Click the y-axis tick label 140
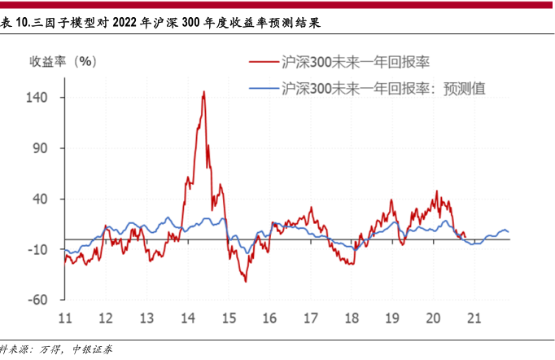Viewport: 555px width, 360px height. pyautogui.click(x=40, y=97)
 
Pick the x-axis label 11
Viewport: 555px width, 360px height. pyautogui.click(x=64, y=318)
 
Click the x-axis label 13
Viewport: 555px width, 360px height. pyautogui.click(x=146, y=318)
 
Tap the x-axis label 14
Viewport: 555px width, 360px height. pyautogui.click(x=187, y=318)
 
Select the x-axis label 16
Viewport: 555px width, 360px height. pyautogui.click(x=269, y=318)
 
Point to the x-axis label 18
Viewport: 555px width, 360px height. pyautogui.click(x=352, y=318)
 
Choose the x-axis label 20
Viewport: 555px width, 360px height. pyautogui.click(x=433, y=318)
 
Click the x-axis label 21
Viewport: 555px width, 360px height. pyautogui.click(x=474, y=318)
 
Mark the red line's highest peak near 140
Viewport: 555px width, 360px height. pyautogui.click(x=203, y=92)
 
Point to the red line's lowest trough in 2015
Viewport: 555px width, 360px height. pyautogui.click(x=245, y=281)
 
